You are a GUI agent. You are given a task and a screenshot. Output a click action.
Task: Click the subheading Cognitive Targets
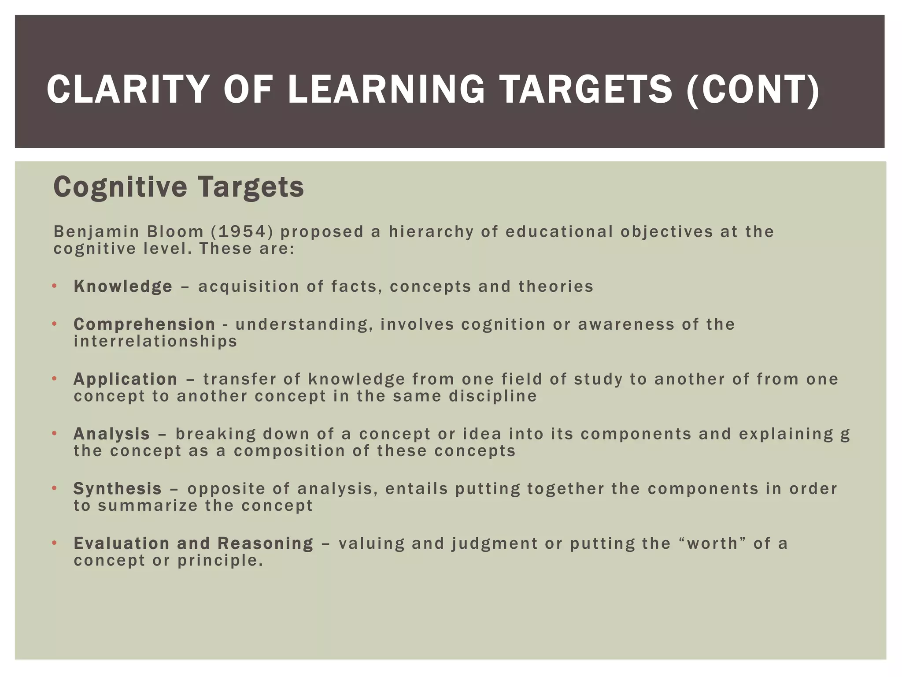coord(178,187)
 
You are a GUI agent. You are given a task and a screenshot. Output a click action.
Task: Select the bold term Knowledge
coord(123,286)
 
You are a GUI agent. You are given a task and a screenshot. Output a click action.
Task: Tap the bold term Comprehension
coord(144,324)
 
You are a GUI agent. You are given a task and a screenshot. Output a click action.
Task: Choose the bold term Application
coord(126,379)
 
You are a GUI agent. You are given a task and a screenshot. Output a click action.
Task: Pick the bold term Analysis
coord(112,434)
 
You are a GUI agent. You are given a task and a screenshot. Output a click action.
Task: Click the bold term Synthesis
coord(118,488)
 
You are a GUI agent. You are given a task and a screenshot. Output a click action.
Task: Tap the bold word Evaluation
coord(122,543)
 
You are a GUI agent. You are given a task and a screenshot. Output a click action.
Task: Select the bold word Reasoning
coord(266,543)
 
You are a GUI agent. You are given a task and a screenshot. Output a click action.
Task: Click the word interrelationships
coord(155,341)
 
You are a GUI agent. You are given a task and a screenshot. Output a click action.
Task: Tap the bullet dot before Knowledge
coord(55,286)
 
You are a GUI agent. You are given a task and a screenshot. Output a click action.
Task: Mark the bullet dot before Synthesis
coord(55,488)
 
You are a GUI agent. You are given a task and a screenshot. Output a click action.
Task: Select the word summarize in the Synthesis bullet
coord(148,506)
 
